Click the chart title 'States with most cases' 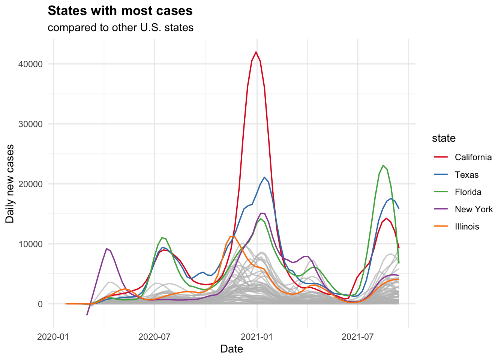point(120,11)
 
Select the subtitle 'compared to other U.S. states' point(120,28)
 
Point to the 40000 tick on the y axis point(30,64)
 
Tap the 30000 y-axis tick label point(30,124)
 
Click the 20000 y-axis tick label point(30,184)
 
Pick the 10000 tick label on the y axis point(30,244)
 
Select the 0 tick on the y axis point(40,304)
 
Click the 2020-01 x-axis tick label point(53,336)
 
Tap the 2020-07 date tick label point(154,336)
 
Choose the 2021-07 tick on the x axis point(358,336)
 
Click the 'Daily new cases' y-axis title point(10,184)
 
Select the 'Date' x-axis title point(231,349)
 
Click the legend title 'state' point(444,138)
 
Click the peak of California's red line point(256,52)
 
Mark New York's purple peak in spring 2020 point(107,249)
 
